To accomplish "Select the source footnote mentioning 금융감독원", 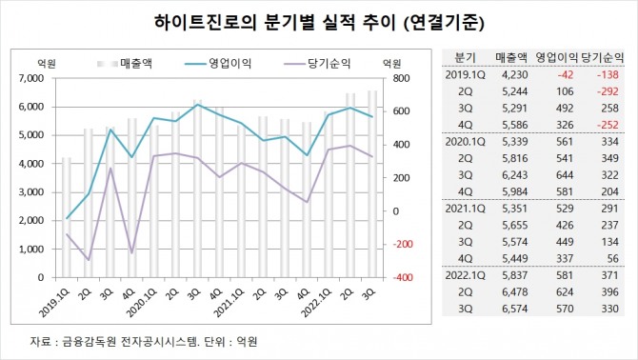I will tap(143, 341).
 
